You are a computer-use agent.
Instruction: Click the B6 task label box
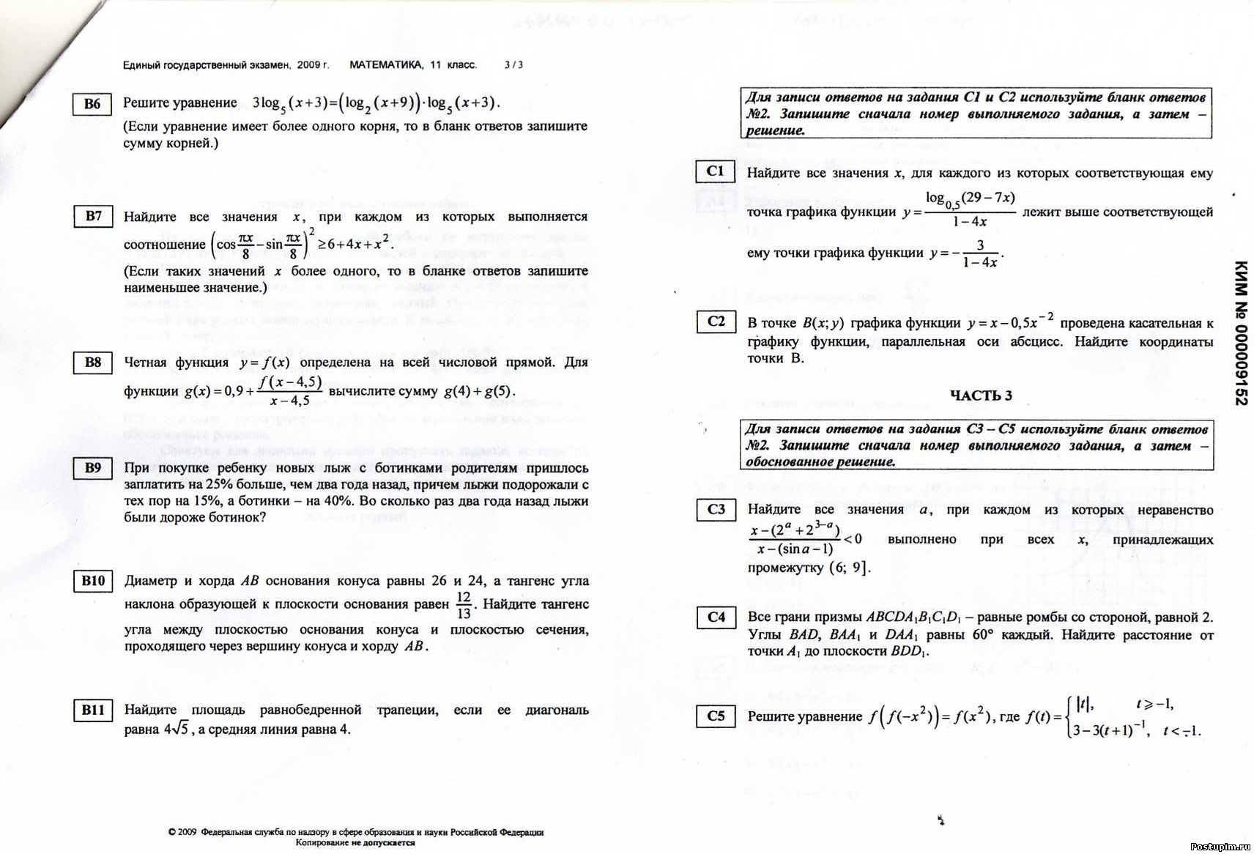92,104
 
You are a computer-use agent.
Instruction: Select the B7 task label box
93,216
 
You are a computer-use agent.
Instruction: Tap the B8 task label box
93,363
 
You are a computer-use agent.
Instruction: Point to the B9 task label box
93,468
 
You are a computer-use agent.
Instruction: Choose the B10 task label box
93,582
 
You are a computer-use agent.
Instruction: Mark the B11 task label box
93,710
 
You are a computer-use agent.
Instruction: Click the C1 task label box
715,171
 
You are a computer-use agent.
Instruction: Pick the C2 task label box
716,321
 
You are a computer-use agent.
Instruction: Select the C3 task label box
716,509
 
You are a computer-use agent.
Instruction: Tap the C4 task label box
716,617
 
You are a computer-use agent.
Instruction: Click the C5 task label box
716,716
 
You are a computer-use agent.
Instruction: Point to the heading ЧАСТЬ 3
981,396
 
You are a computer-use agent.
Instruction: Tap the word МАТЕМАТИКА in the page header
386,65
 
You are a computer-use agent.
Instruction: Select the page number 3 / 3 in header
513,65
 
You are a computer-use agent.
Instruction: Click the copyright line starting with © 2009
356,832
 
